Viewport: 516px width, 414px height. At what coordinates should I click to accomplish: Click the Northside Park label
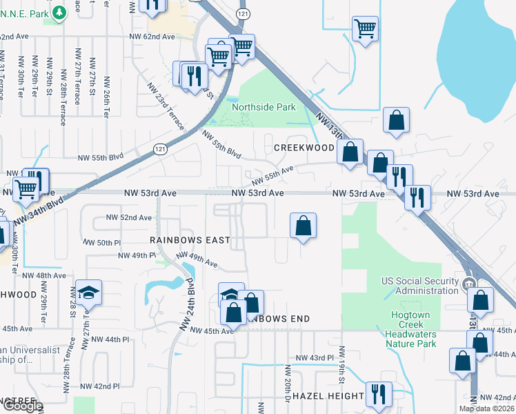pos(264,107)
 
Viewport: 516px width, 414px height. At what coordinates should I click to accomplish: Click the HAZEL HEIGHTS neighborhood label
pos(328,396)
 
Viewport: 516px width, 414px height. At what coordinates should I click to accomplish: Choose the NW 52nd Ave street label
pos(128,217)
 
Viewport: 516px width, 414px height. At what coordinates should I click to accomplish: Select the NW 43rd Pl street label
pos(315,358)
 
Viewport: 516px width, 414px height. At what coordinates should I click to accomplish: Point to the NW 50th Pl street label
pos(102,243)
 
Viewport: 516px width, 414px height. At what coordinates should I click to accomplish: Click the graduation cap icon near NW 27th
pos(89,293)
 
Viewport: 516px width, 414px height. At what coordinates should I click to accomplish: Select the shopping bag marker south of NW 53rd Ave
pos(303,225)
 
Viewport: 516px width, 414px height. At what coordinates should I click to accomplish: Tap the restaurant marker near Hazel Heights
pos(378,395)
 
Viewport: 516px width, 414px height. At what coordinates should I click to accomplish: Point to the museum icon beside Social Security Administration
pos(468,284)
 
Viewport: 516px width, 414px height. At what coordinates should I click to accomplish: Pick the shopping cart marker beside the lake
pos(364,29)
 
